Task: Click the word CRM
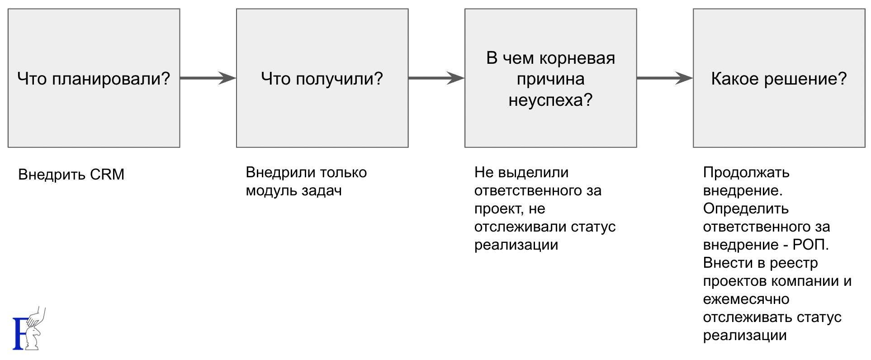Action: click(107, 175)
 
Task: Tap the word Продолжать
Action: click(746, 173)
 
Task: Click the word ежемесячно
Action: click(746, 299)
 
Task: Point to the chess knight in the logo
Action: click(33, 337)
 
